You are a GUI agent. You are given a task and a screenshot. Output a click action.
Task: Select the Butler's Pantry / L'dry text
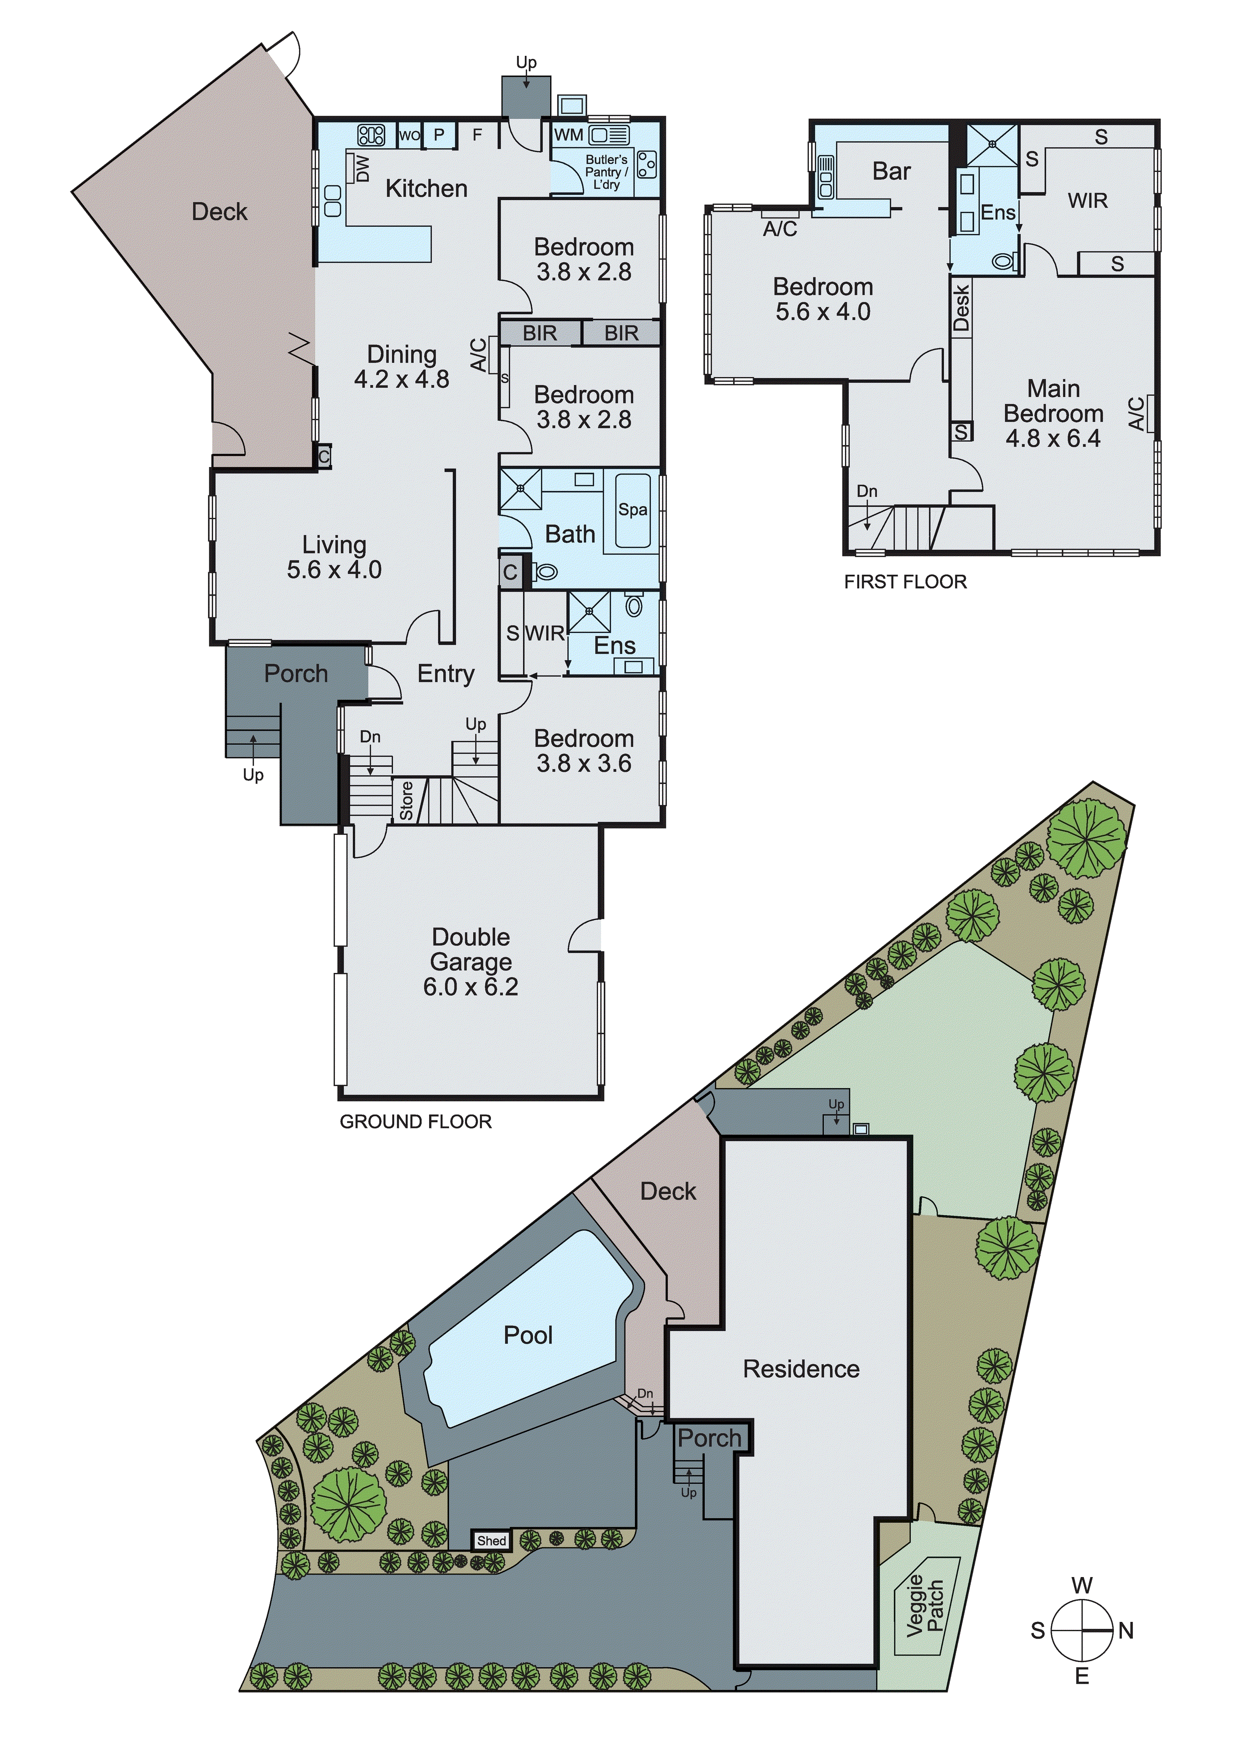606,172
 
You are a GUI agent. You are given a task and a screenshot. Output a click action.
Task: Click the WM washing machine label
568,136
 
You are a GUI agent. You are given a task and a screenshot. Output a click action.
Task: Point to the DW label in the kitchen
362,169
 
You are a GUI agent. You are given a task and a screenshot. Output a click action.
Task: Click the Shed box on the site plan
491,1540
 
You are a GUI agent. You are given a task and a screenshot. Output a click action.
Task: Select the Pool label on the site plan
528,1335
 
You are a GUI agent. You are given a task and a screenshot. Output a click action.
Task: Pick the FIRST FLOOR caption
905,582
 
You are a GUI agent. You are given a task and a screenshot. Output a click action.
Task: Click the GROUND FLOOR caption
415,1121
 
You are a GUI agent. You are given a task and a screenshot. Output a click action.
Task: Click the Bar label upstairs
891,171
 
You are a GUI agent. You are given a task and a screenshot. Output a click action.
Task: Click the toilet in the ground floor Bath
545,572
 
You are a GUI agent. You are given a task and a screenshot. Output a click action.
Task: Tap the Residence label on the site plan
801,1369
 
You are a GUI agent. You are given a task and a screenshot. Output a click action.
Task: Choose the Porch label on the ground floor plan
296,674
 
